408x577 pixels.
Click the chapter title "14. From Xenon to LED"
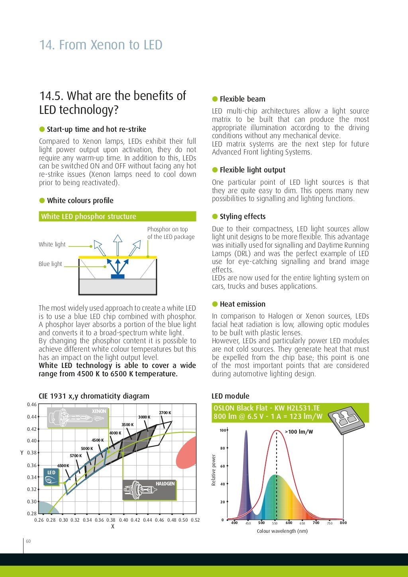tap(100, 45)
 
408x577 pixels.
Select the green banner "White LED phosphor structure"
tap(117, 217)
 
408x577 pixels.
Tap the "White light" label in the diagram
tap(52, 244)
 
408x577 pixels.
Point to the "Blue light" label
tap(51, 264)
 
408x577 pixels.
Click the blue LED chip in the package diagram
tap(118, 276)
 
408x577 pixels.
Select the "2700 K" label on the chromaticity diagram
tap(165, 413)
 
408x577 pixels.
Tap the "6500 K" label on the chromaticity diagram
tap(63, 466)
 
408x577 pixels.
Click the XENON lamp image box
tap(78, 417)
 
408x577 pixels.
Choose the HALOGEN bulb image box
tap(149, 490)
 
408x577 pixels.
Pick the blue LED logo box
tap(51, 476)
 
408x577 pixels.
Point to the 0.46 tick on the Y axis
tap(32, 405)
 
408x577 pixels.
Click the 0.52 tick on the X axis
tap(195, 520)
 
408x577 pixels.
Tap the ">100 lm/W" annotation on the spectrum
tap(299, 432)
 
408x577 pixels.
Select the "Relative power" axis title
tap(214, 470)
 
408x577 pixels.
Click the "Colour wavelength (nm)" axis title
tap(282, 531)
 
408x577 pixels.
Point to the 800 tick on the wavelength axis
tap(343, 523)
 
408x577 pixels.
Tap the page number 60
tap(28, 541)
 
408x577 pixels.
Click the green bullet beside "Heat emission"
tap(215, 304)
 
